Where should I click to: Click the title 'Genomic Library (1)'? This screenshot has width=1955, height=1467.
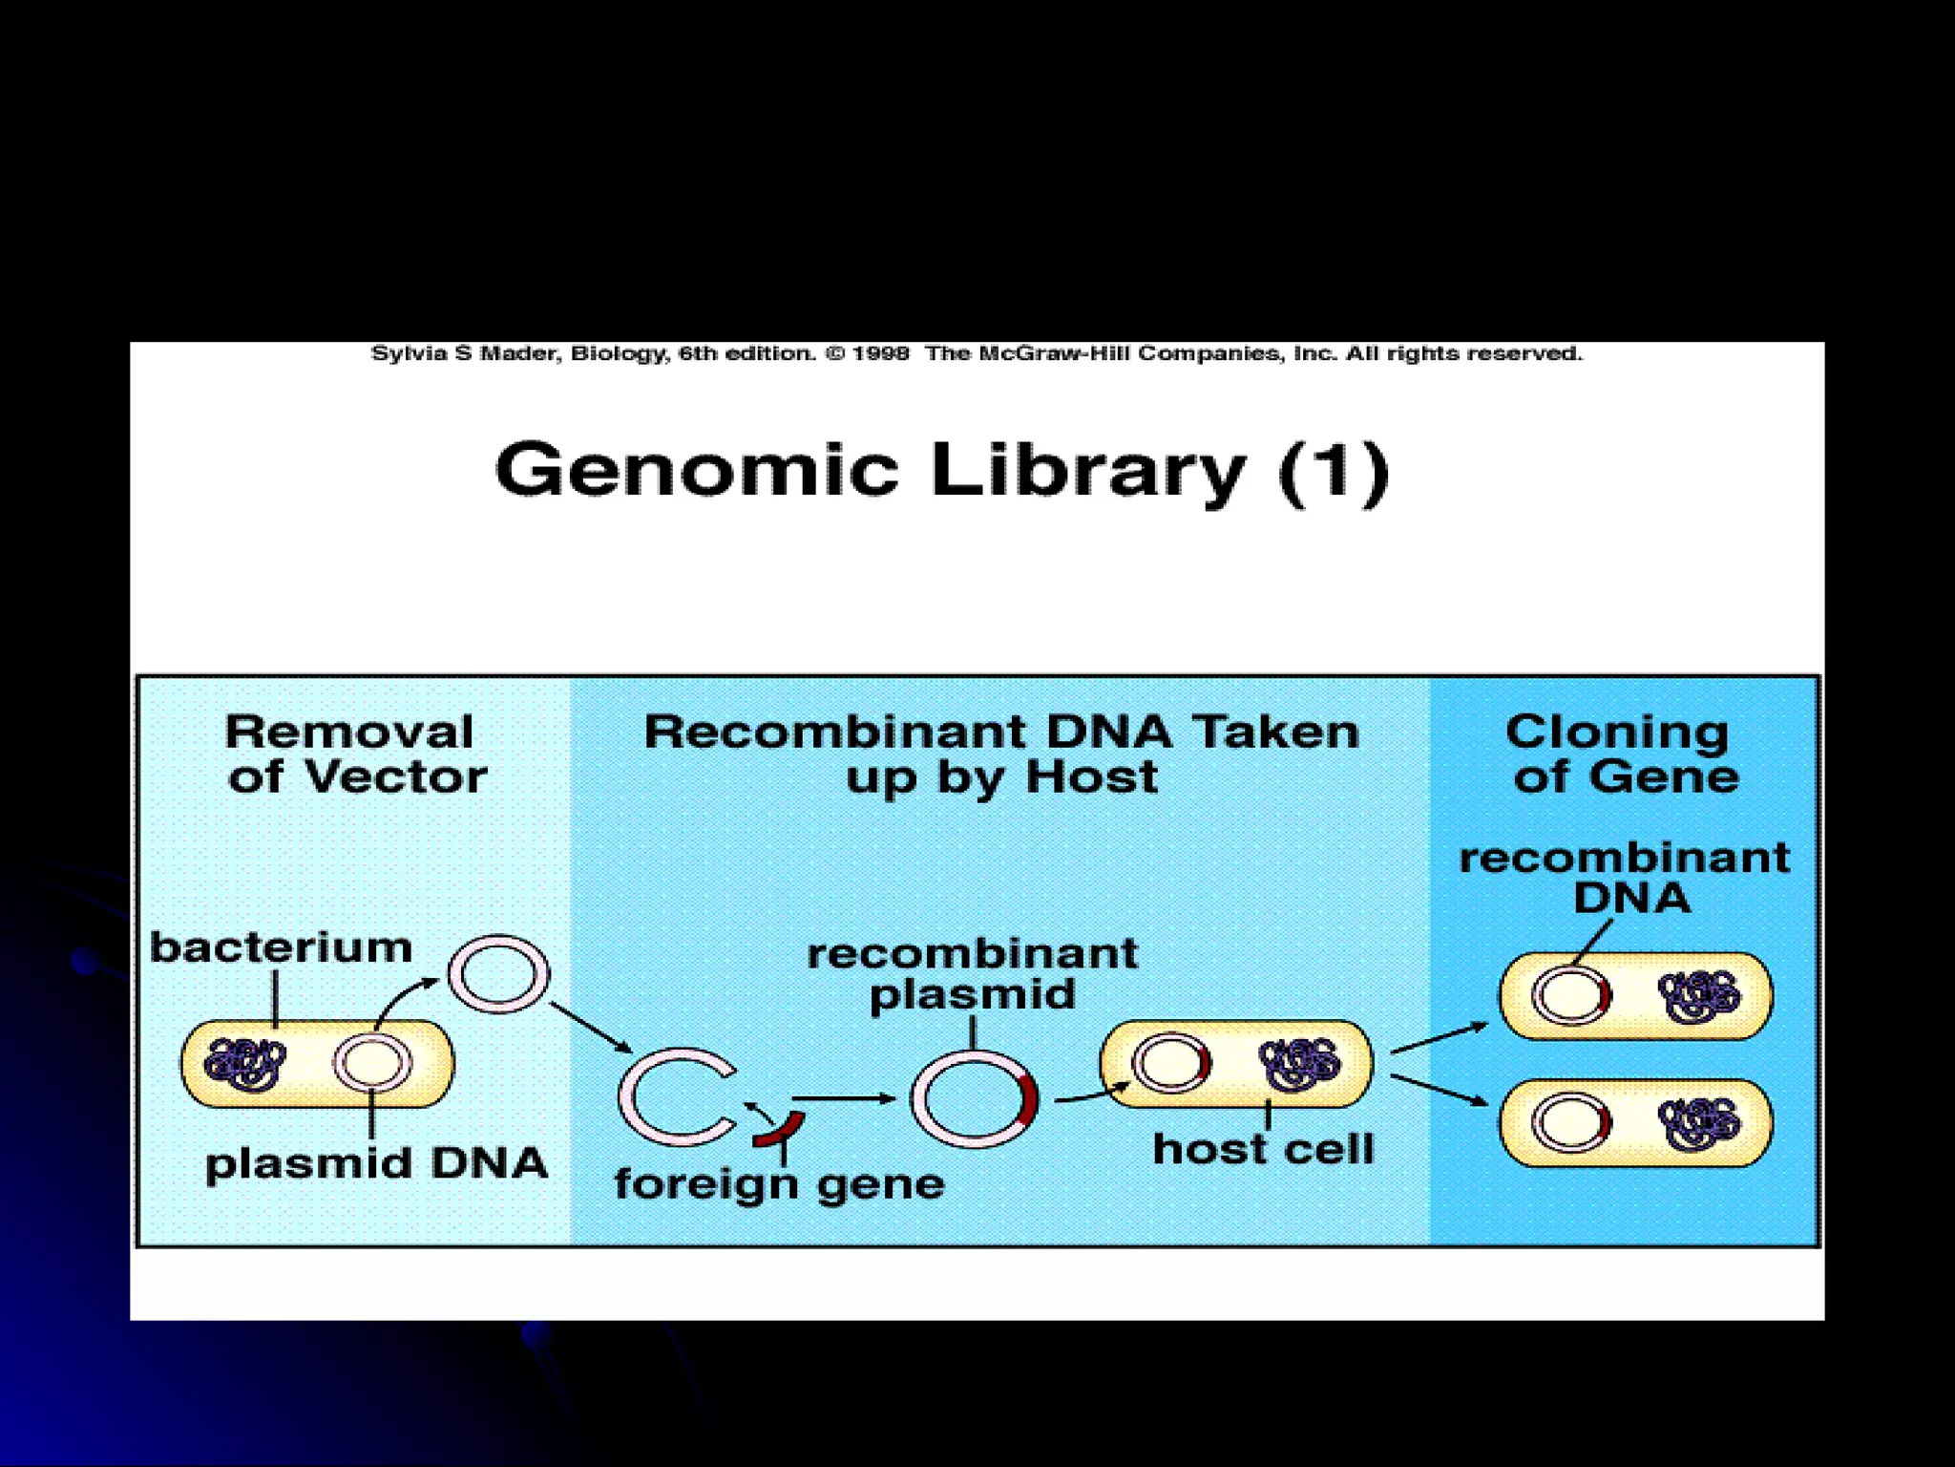[x=941, y=471]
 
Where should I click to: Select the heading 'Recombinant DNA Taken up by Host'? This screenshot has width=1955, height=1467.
[x=1001, y=755]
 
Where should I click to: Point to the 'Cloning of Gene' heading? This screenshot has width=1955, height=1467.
[x=1623, y=755]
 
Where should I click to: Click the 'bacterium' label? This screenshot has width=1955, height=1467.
[x=282, y=948]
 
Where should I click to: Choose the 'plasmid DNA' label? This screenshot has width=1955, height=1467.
[x=376, y=1163]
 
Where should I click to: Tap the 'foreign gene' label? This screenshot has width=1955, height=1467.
[x=779, y=1184]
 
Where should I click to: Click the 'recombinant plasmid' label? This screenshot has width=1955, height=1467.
[x=973, y=973]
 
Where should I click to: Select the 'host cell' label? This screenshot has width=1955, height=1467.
[x=1263, y=1149]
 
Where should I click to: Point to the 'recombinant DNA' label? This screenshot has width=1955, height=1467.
[x=1625, y=877]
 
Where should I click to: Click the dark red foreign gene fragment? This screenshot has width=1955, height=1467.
[x=779, y=1130]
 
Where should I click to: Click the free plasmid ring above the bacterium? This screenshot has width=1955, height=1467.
[x=498, y=974]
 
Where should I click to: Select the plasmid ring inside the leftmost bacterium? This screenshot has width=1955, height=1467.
[x=372, y=1063]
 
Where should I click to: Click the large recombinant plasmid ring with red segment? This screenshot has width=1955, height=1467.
[x=974, y=1098]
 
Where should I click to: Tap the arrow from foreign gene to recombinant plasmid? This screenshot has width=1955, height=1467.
[x=844, y=1098]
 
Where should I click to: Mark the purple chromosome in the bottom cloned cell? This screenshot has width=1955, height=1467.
[x=1698, y=1123]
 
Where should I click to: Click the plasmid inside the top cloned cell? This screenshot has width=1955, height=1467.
[x=1571, y=996]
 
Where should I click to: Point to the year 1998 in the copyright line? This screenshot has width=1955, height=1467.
[x=880, y=354]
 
